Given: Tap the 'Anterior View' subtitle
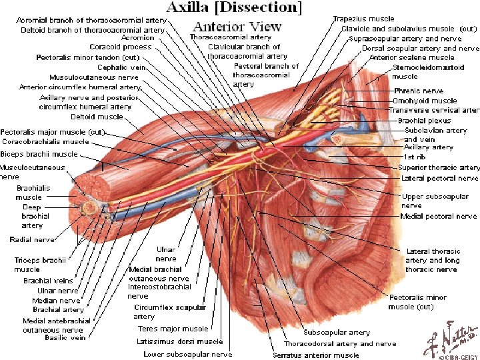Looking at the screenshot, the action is pos(237,27).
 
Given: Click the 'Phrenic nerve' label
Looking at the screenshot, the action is pos(419,91).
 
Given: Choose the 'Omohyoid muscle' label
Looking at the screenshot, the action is pos(425,101).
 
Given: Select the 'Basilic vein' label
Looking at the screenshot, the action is pos(65,337).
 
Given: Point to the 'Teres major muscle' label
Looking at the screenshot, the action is pos(173,329).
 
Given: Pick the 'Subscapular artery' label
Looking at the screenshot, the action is pos(337,332).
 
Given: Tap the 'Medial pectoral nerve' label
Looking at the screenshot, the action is pos(439,216).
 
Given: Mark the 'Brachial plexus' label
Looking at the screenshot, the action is pos(424,121).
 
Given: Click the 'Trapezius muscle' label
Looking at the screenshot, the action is pos(363,19).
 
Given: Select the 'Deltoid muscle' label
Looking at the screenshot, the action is pos(97,117).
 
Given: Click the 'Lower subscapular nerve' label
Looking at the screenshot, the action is pos(188,354).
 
